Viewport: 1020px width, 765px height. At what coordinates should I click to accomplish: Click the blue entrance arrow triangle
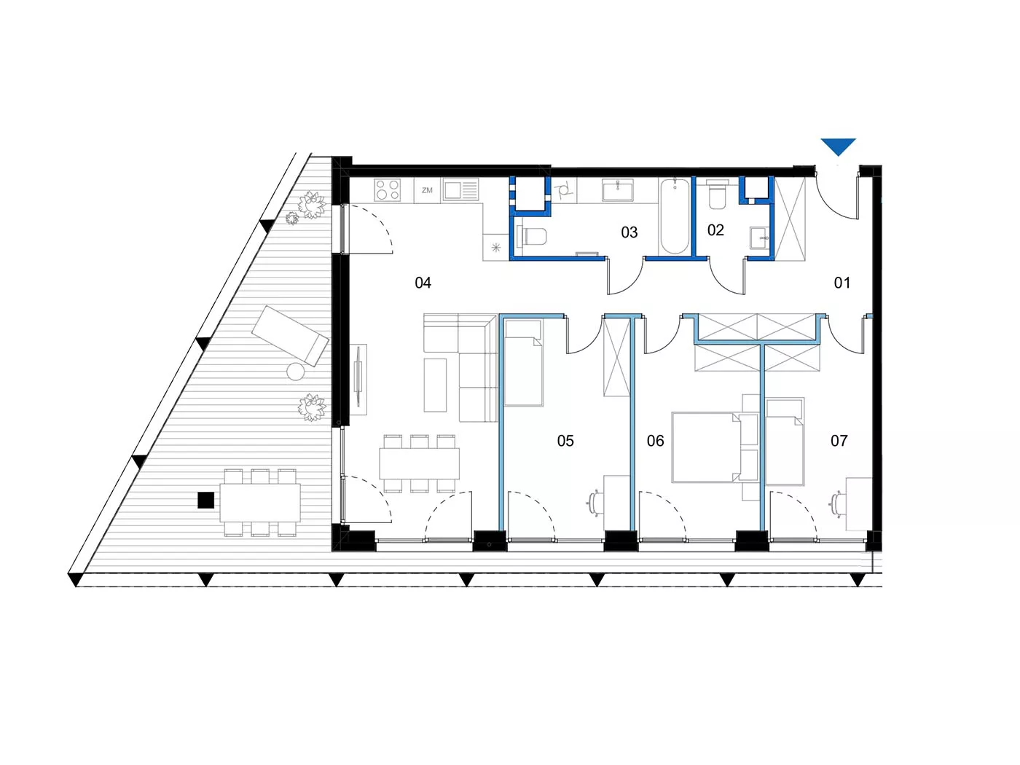pyautogui.click(x=838, y=146)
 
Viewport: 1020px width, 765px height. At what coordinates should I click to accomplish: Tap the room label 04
pyautogui.click(x=423, y=283)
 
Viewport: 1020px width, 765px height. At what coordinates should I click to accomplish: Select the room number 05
pyautogui.click(x=565, y=440)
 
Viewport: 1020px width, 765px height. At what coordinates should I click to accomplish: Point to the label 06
pyautogui.click(x=655, y=440)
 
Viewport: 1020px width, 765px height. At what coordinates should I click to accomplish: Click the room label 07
pyautogui.click(x=839, y=440)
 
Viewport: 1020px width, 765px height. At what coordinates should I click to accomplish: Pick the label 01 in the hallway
pyautogui.click(x=842, y=283)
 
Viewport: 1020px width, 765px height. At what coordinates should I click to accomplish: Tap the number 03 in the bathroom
pyautogui.click(x=629, y=232)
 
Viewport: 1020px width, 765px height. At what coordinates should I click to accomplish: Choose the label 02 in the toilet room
pyautogui.click(x=715, y=230)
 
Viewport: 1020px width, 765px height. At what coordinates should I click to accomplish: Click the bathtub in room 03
pyautogui.click(x=674, y=216)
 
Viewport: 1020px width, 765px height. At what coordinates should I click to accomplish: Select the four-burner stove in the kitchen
pyautogui.click(x=387, y=189)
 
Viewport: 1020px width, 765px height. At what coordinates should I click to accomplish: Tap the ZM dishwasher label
pyautogui.click(x=427, y=190)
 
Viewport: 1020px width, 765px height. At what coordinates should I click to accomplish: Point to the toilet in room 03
pyautogui.click(x=532, y=236)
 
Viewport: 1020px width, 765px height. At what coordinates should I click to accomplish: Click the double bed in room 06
pyautogui.click(x=706, y=447)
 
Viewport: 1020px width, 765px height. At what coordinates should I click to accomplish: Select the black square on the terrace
pyautogui.click(x=206, y=501)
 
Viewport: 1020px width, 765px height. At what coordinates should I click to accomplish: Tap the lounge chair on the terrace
pyautogui.click(x=290, y=335)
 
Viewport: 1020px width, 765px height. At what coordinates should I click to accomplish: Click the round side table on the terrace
pyautogui.click(x=296, y=372)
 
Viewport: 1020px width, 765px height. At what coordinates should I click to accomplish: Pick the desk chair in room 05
pyautogui.click(x=595, y=503)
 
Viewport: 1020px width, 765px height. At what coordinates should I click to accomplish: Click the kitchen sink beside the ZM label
pyautogui.click(x=460, y=190)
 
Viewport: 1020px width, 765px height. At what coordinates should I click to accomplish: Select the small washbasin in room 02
pyautogui.click(x=759, y=238)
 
